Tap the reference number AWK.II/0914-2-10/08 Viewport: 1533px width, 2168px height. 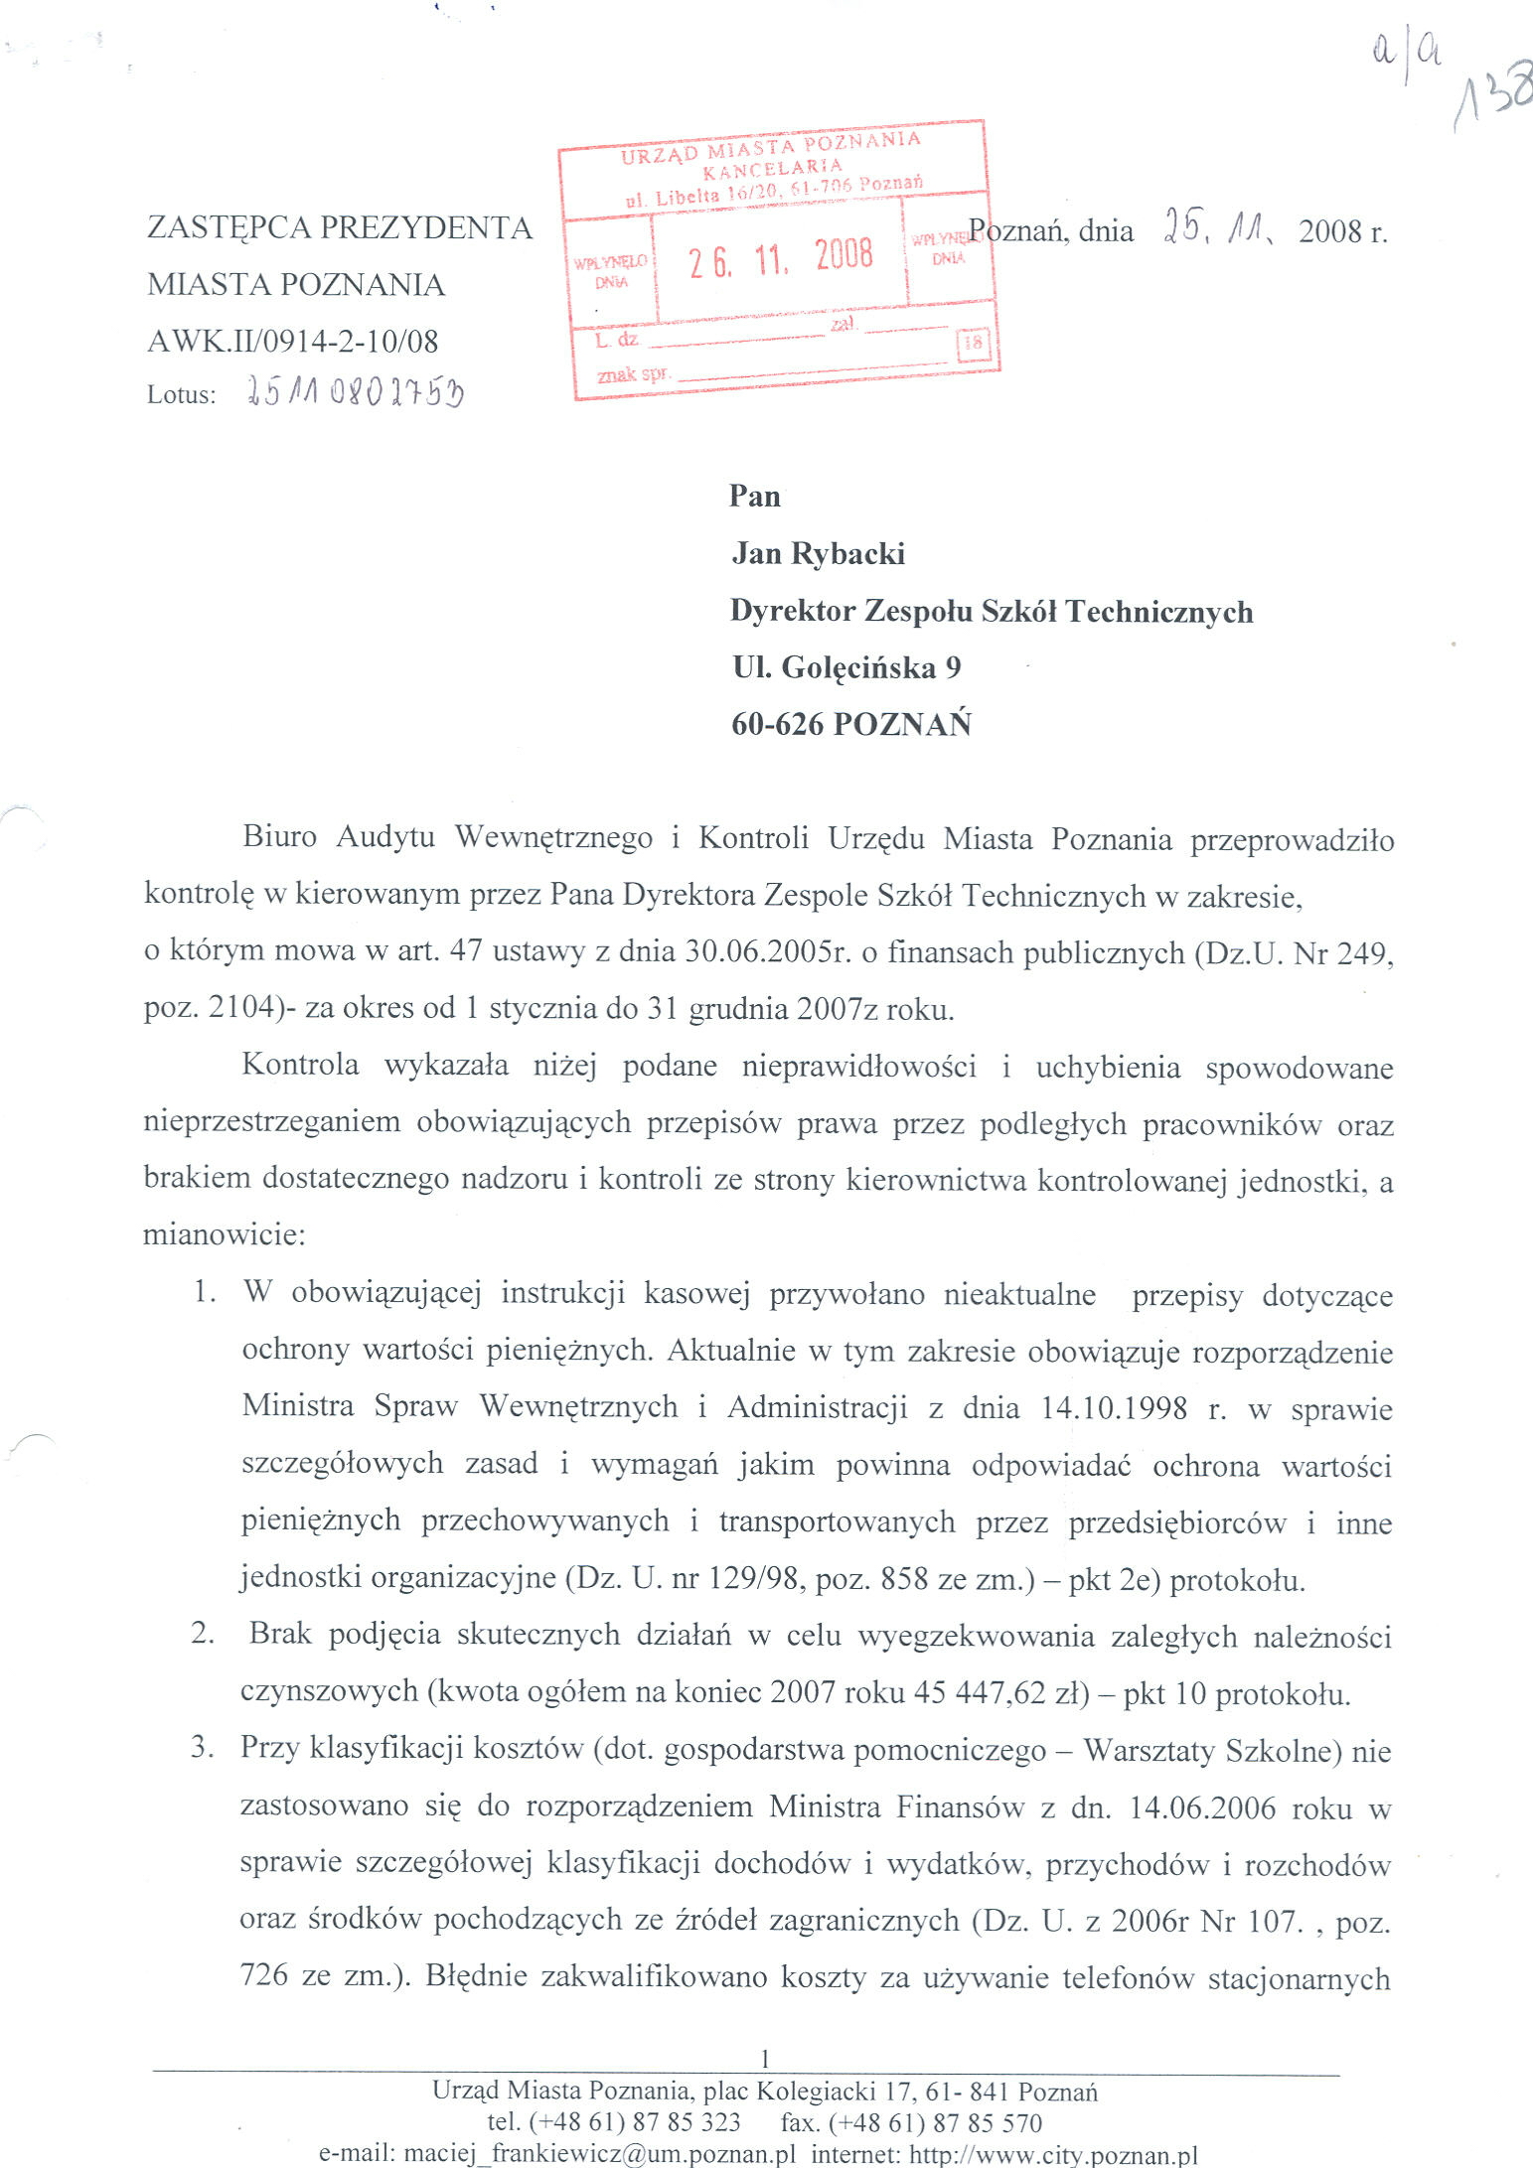[x=292, y=342]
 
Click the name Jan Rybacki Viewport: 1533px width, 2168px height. [x=818, y=553]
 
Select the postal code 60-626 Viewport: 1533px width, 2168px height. [x=777, y=724]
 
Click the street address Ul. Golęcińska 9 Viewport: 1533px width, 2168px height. [x=846, y=667]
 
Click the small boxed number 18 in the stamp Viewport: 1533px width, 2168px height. [x=973, y=344]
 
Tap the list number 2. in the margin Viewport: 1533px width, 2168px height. [x=203, y=1635]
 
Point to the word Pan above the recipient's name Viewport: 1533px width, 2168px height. [x=754, y=496]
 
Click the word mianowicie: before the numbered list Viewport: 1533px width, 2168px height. [x=225, y=1234]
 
